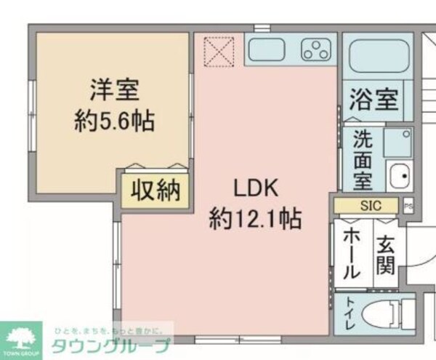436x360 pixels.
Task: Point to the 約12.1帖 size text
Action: (255, 216)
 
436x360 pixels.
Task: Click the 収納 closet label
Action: (155, 191)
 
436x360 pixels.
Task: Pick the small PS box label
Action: (408, 206)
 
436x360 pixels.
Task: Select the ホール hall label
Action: (350, 252)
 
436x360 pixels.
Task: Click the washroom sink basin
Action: (397, 175)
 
